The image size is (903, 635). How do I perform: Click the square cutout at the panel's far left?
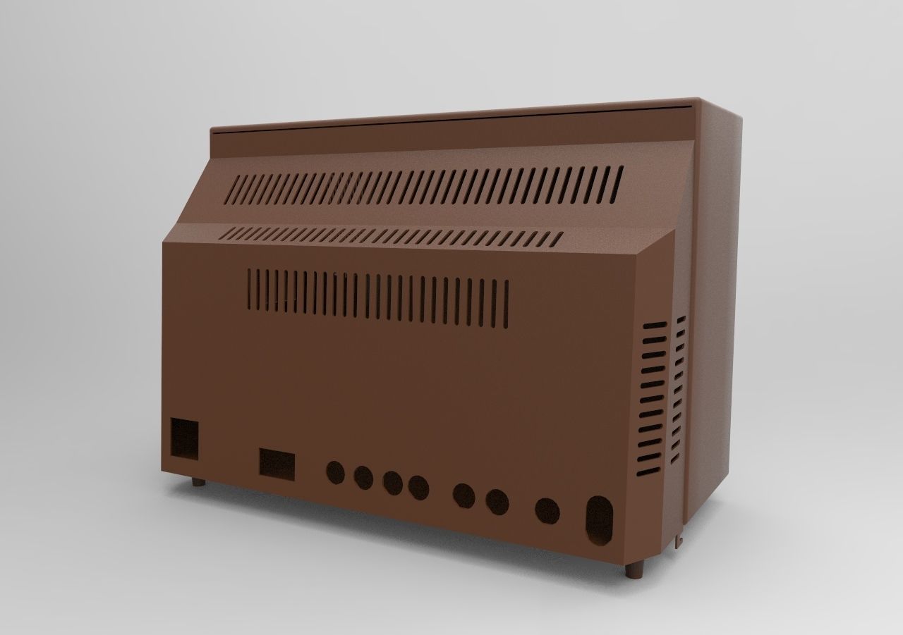point(185,440)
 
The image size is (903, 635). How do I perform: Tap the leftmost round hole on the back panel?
point(335,473)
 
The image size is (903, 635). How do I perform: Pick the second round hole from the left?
point(363,478)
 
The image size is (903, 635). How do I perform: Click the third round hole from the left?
point(392,483)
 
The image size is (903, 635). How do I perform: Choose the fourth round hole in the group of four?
point(418,487)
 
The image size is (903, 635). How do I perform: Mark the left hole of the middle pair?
point(463,495)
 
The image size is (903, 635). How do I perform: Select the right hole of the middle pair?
point(497,502)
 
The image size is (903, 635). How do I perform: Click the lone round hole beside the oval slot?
point(547,511)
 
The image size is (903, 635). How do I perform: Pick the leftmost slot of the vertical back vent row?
point(250,289)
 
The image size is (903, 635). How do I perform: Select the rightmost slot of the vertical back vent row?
point(506,304)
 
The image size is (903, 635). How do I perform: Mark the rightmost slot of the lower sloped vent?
point(557,239)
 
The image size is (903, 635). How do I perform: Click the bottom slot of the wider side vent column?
point(650,469)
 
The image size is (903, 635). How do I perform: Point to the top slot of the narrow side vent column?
point(681,320)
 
